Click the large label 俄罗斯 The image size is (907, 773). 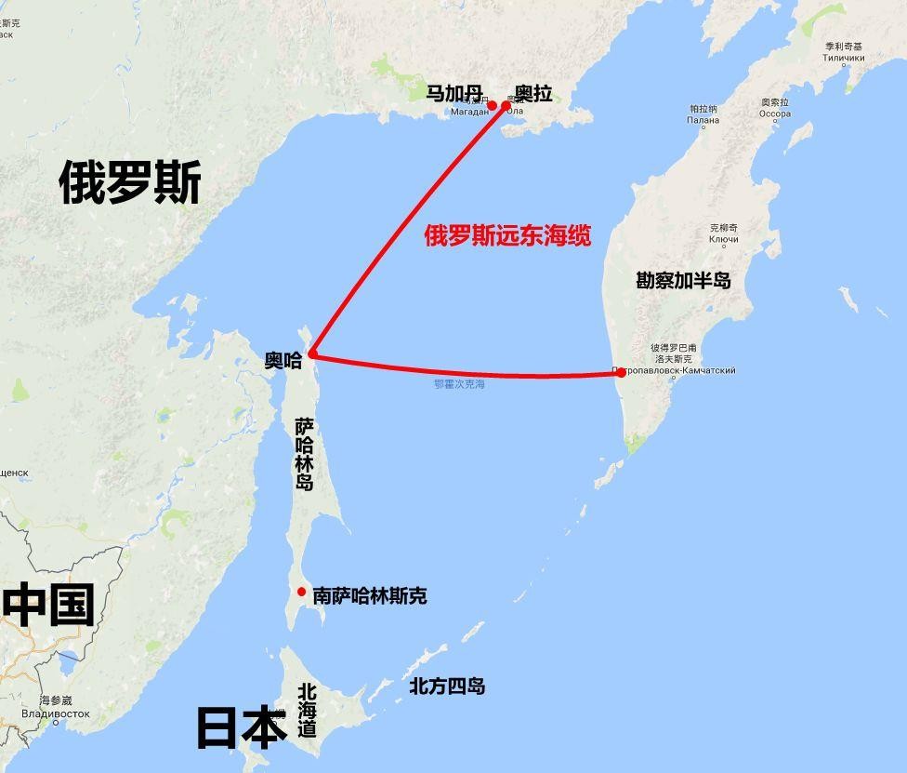130,181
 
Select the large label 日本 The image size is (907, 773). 241,728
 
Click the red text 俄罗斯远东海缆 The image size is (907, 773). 507,235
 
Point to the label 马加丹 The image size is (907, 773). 454,93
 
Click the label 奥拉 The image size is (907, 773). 533,93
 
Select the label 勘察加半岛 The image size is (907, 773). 684,280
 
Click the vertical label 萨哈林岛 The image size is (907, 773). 305,455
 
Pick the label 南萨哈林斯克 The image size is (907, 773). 370,595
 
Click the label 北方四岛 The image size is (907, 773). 447,686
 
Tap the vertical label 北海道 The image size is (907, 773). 308,711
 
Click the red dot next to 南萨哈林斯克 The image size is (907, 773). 301,593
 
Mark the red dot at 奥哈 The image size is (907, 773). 313,354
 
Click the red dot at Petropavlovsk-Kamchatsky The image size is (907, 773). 621,373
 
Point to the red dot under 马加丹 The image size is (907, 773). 492,106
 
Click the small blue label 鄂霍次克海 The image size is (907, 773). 459,384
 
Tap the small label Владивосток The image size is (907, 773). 56,713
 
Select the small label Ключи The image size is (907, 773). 724,240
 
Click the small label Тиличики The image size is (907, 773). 843,58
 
